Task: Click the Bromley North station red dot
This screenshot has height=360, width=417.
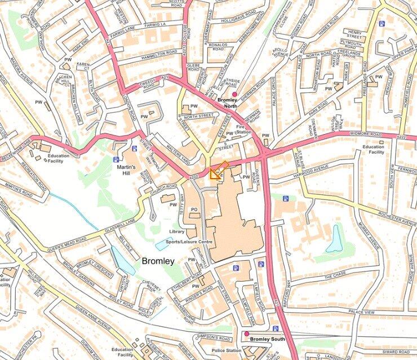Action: coord(235,94)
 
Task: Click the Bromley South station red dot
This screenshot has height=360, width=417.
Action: coord(246,334)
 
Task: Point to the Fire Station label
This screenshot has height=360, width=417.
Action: coord(243,129)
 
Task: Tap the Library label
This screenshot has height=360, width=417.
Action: coord(176,232)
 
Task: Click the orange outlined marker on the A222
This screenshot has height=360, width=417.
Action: coord(218,170)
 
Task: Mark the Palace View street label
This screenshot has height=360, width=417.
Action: coord(362,312)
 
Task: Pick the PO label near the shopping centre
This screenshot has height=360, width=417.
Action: coord(193,210)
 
